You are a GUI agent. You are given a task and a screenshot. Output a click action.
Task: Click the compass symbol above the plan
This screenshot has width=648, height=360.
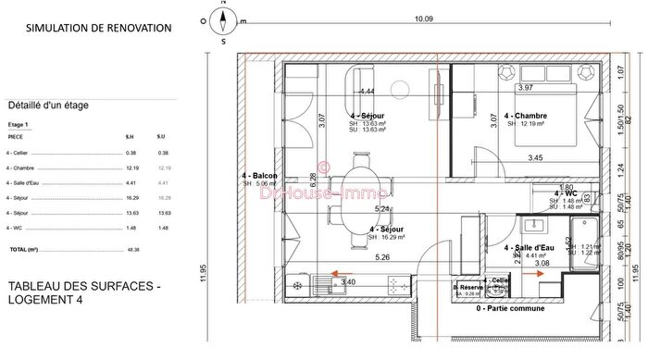pyautogui.click(x=223, y=17)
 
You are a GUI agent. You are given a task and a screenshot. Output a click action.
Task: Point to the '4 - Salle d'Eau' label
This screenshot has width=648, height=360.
pyautogui.click(x=530, y=248)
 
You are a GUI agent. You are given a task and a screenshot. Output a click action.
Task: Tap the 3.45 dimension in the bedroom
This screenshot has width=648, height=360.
pyautogui.click(x=535, y=158)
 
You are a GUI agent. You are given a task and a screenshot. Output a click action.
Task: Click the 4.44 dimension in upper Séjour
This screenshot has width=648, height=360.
pyautogui.click(x=367, y=92)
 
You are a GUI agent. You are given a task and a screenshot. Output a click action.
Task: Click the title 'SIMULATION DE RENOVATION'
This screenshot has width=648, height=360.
pyautogui.click(x=98, y=28)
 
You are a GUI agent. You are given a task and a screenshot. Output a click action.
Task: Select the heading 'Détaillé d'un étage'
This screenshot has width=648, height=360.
pyautogui.click(x=47, y=106)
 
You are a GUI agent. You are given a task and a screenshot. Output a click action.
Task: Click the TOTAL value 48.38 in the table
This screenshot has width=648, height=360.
pyautogui.click(x=133, y=250)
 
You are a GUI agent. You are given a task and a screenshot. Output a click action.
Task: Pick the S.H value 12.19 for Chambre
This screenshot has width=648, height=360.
pyautogui.click(x=132, y=168)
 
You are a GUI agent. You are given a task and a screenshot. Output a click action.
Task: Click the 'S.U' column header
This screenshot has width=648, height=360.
pyautogui.click(x=163, y=137)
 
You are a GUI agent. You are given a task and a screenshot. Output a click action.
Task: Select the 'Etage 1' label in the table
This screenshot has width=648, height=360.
pyautogui.click(x=19, y=123)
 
